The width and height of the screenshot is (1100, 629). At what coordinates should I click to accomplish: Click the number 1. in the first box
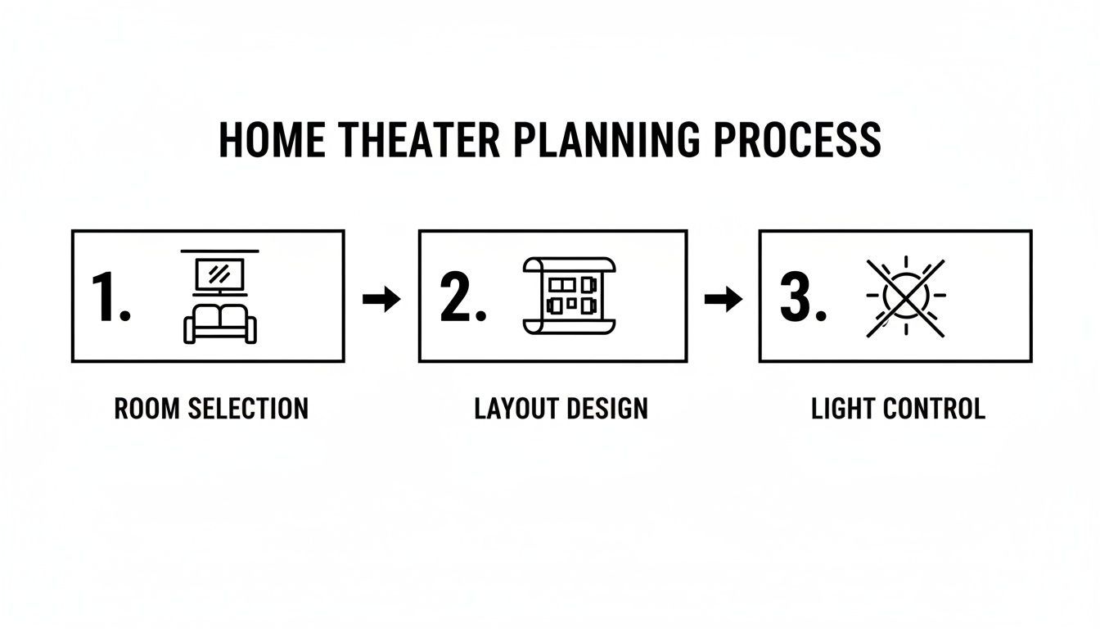click(110, 296)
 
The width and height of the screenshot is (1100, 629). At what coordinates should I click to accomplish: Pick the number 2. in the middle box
click(462, 296)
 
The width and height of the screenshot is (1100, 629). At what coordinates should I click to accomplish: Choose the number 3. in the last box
click(802, 296)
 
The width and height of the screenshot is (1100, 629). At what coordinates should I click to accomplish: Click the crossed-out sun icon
click(905, 296)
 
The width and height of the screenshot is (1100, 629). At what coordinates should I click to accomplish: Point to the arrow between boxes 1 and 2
click(381, 300)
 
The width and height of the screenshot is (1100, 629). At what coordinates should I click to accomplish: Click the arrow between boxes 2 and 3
click(723, 300)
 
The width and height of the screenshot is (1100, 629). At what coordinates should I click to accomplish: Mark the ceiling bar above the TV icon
click(219, 250)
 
